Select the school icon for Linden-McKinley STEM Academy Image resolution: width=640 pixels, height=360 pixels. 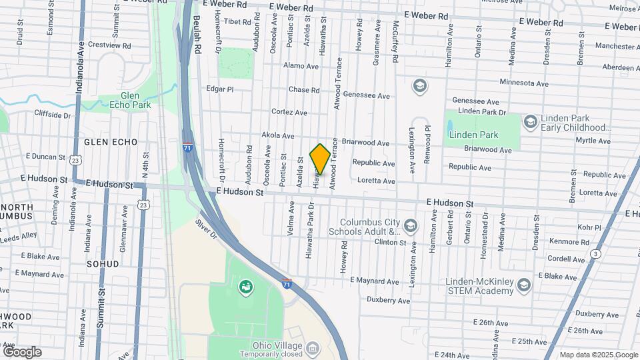[x=524, y=286]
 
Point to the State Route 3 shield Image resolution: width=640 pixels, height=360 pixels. [x=595, y=253]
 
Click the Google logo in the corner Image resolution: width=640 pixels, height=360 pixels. [x=22, y=352]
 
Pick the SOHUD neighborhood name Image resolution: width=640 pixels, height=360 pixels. [x=102, y=264]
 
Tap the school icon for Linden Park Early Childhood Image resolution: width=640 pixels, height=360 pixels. [x=531, y=121]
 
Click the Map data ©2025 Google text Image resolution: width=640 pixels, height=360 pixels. [x=598, y=355]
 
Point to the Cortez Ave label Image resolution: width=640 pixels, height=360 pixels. [x=289, y=112]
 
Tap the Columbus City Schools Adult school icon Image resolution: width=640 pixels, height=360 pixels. [x=411, y=225]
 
